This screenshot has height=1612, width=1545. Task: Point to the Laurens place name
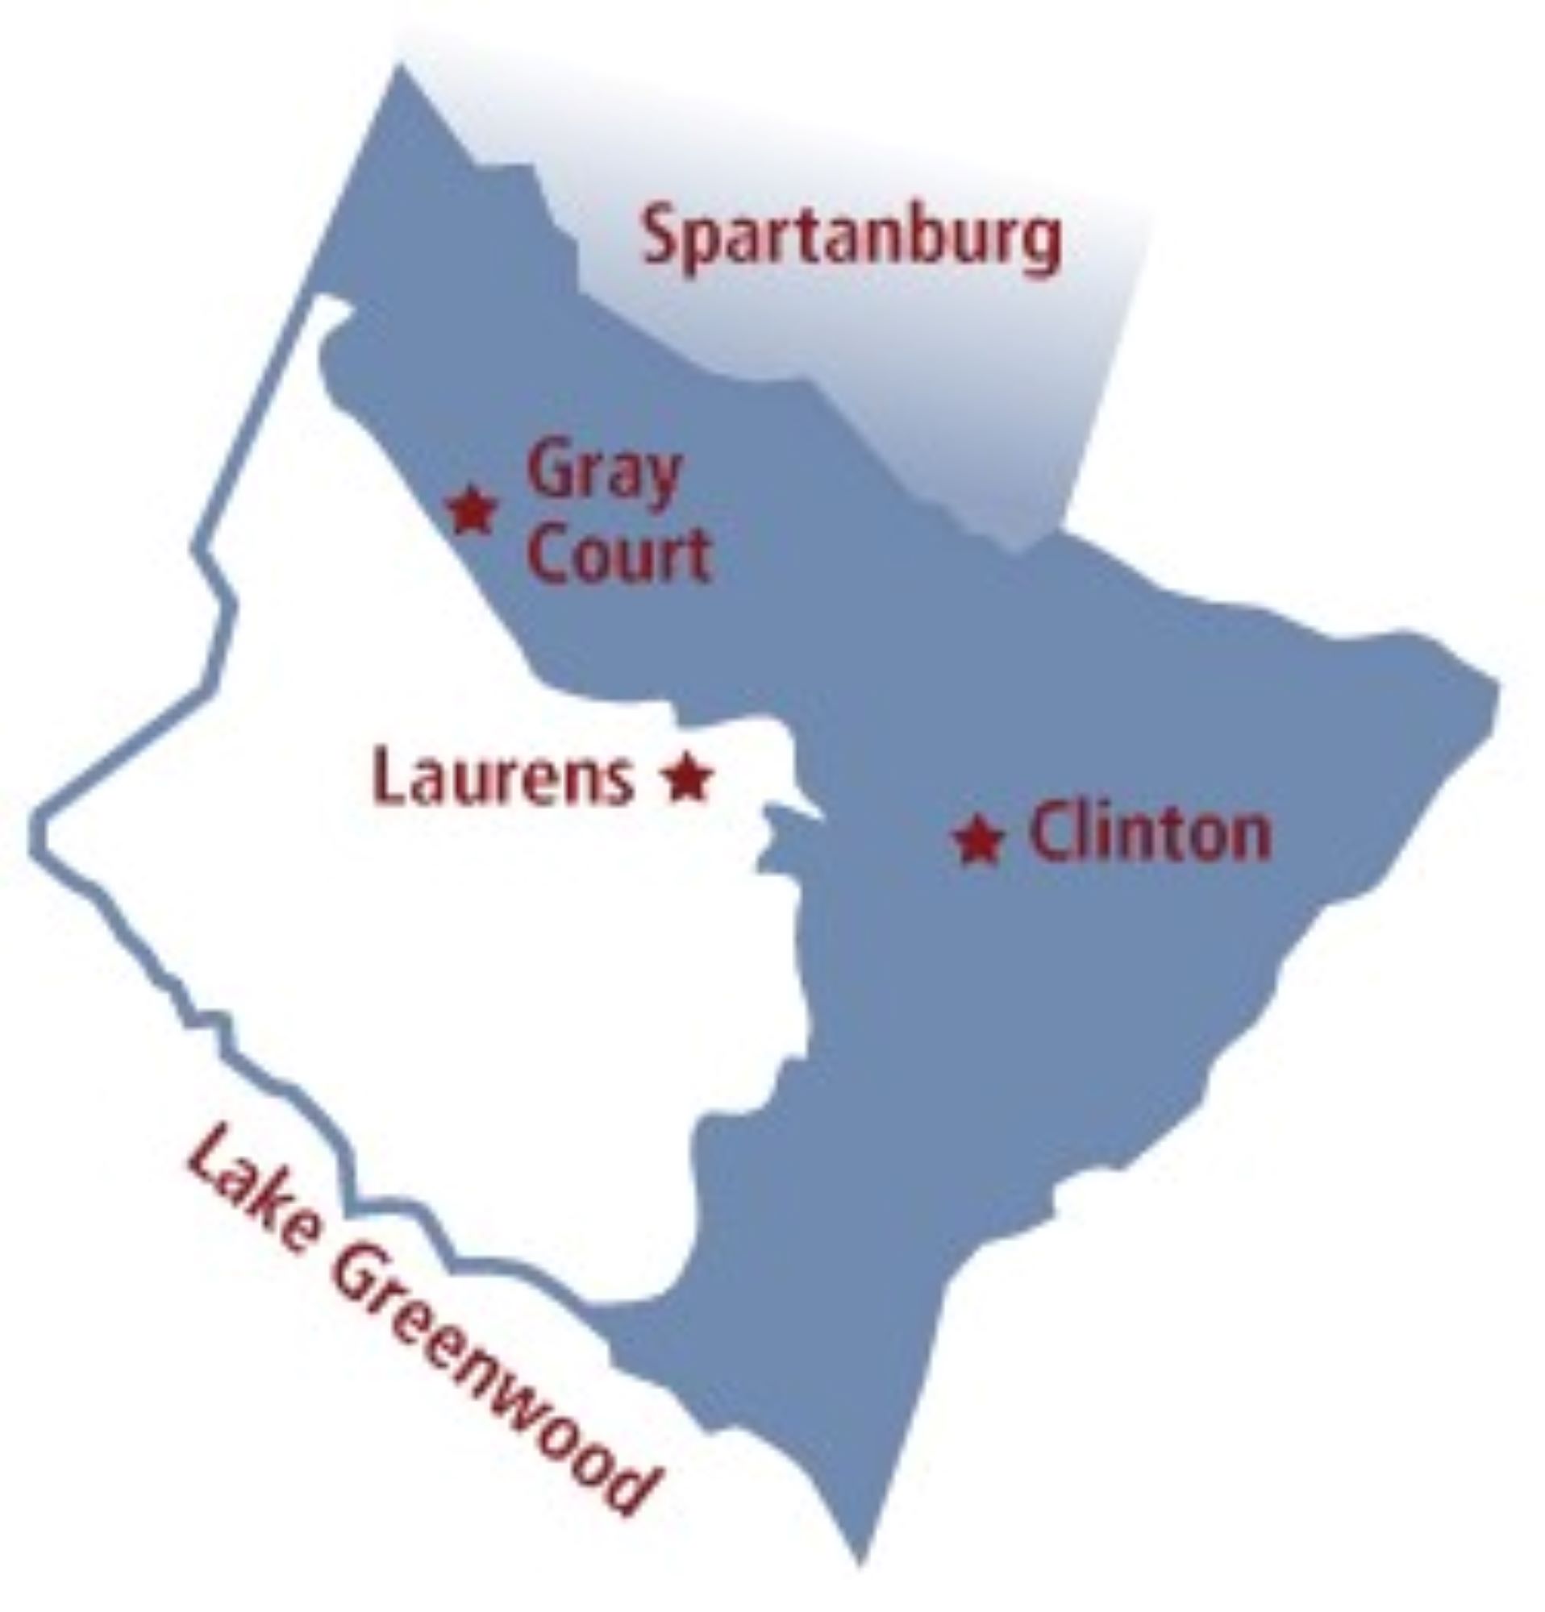coord(502,776)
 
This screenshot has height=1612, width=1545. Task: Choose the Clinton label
coord(1149,834)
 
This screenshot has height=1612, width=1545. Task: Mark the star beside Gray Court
coord(471,510)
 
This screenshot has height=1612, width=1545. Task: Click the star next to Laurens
coord(687,776)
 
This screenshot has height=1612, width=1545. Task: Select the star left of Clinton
coord(978,839)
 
